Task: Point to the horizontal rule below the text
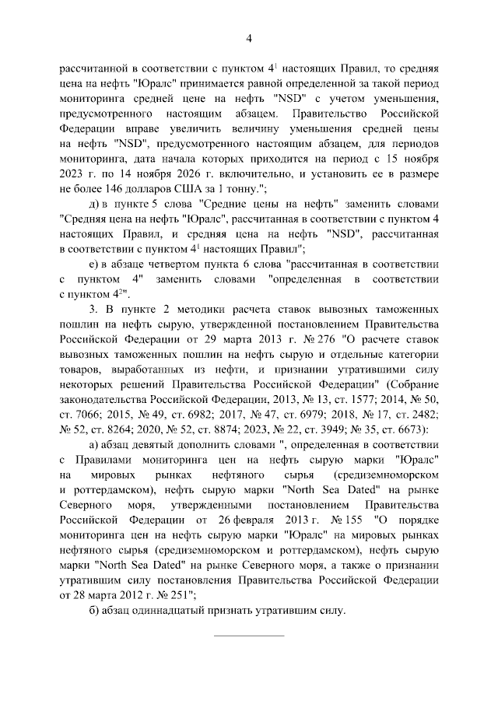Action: pyautogui.click(x=249, y=636)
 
